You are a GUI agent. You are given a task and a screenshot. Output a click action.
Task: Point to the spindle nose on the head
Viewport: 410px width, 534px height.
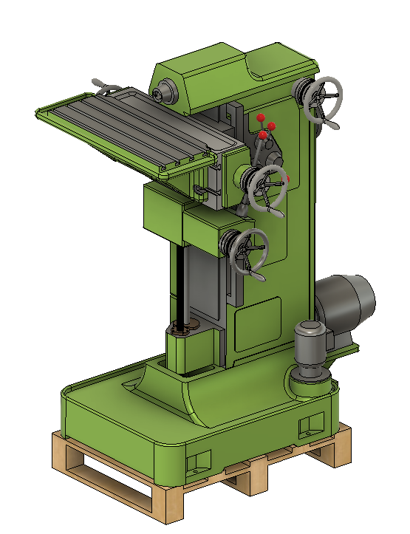[x=163, y=93]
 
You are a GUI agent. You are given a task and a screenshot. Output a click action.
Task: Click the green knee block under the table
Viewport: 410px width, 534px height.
[x=163, y=211]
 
